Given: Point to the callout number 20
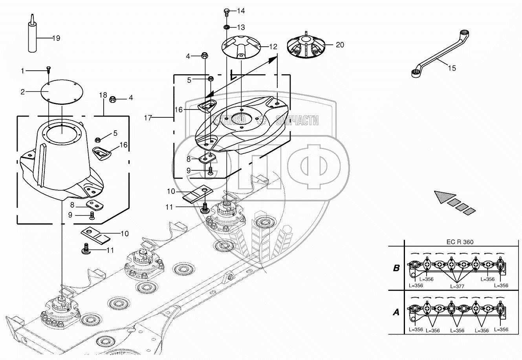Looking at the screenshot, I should click(x=340, y=45).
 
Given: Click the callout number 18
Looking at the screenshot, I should click(x=103, y=95).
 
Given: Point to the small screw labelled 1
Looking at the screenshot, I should click(x=48, y=70).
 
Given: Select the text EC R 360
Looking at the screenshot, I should click(x=459, y=242).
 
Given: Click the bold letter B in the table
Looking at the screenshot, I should click(x=396, y=268).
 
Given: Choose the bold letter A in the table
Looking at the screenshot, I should click(x=396, y=312).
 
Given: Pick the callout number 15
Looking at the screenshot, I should click(x=452, y=68).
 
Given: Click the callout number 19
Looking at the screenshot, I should click(x=56, y=38).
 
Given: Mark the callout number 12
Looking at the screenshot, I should click(x=273, y=46).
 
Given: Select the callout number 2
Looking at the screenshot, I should click(x=23, y=92).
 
